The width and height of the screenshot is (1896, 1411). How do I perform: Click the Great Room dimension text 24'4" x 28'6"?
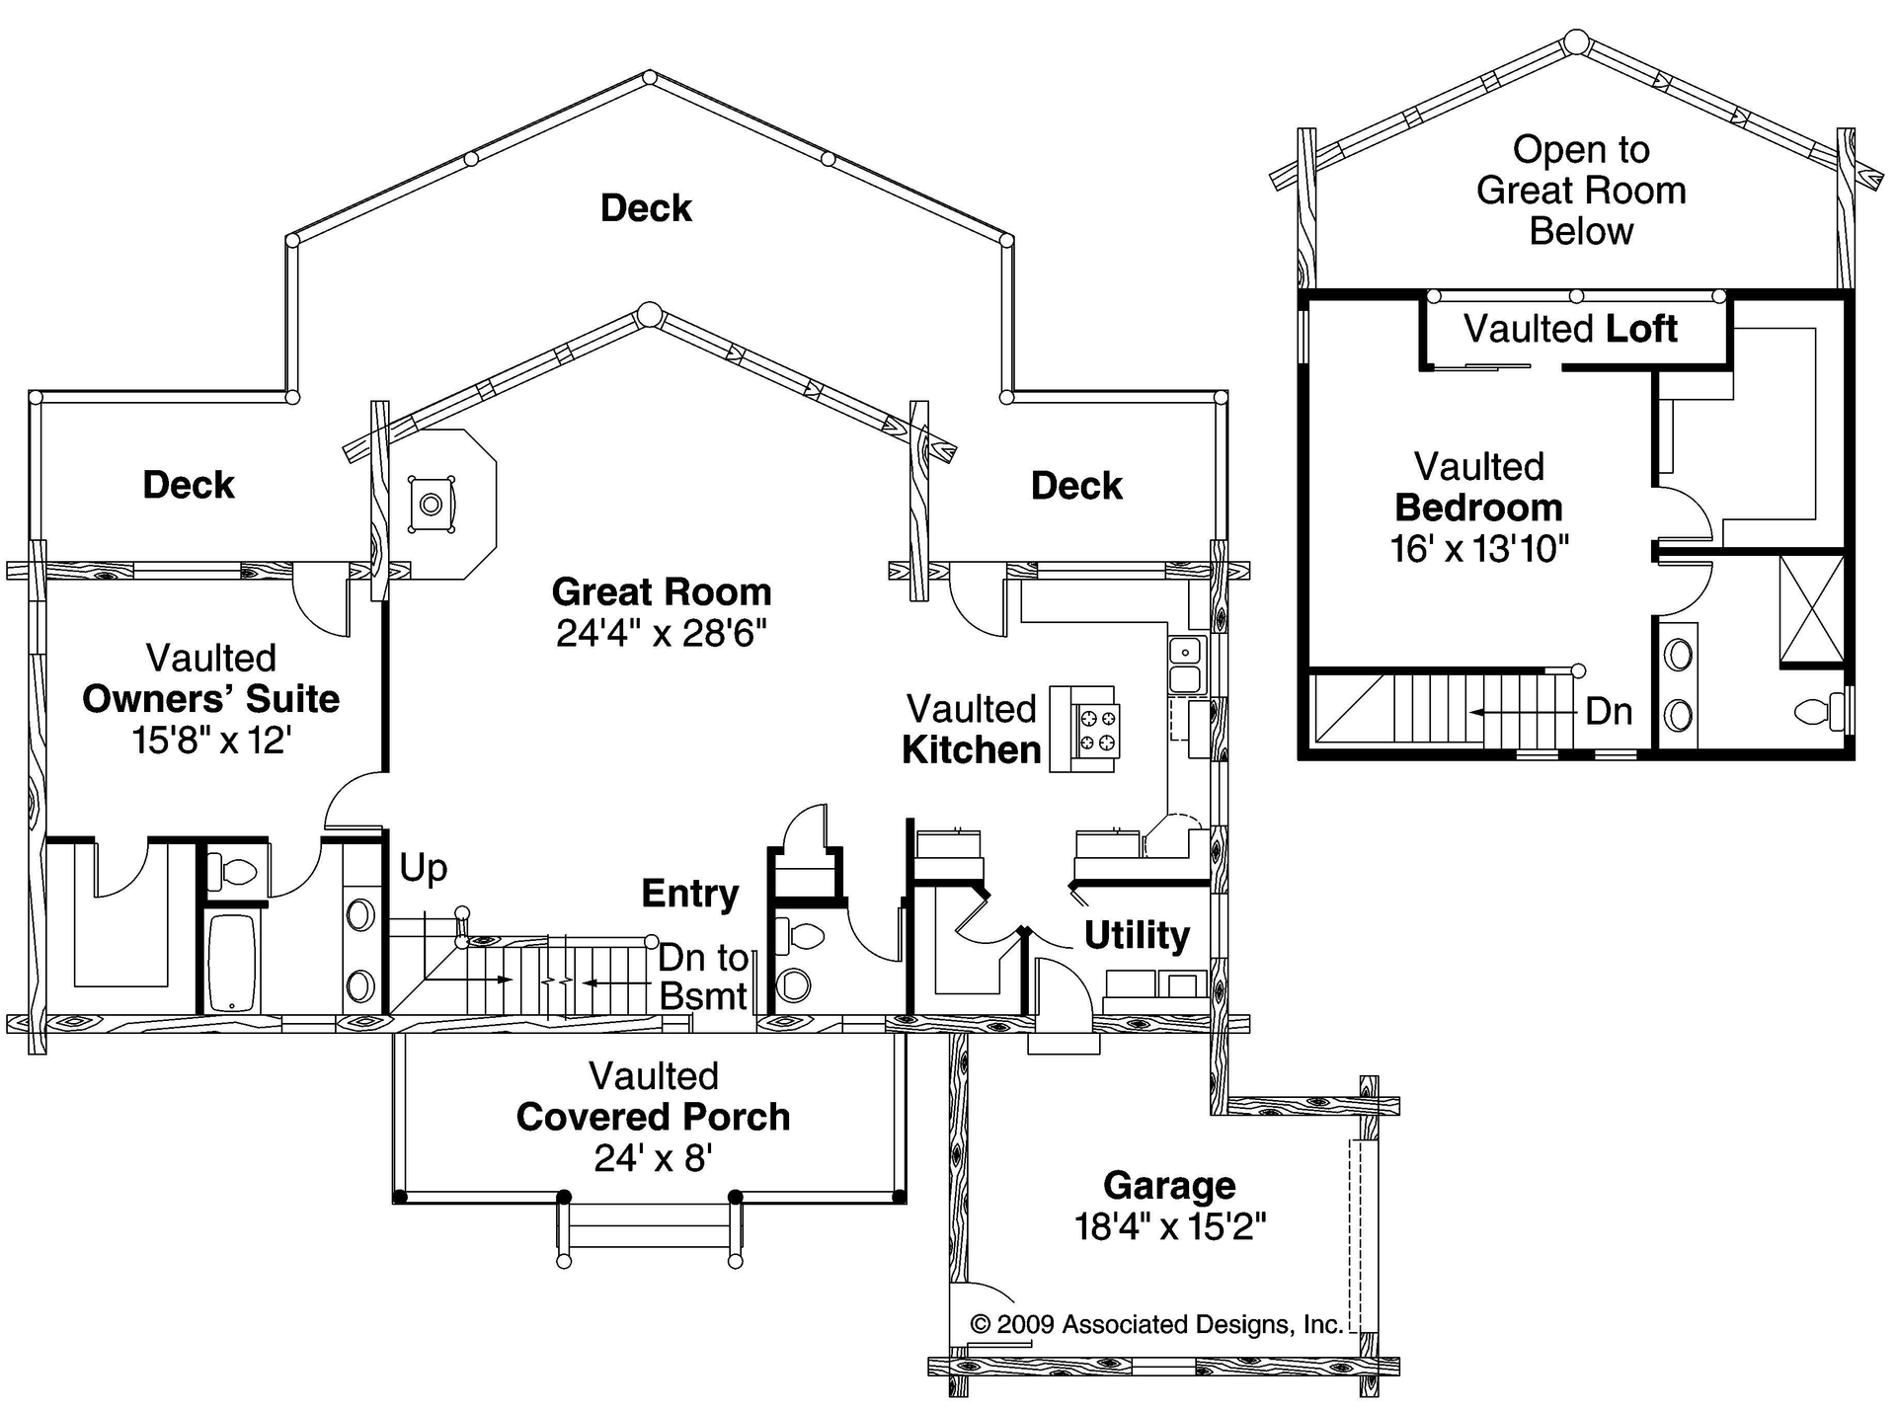661,633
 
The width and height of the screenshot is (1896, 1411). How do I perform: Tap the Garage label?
1169,1185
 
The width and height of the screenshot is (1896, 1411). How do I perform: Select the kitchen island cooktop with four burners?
1098,730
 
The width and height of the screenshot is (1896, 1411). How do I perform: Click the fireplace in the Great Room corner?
432,505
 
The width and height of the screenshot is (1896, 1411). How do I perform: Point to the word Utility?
1137,934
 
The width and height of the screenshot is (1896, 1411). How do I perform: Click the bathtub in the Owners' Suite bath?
233,963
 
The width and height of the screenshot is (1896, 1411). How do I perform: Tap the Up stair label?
423,868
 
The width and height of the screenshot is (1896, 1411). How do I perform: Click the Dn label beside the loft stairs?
1609,711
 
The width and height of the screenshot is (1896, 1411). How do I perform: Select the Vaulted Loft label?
1570,329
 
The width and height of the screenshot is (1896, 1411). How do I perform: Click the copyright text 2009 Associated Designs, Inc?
1156,1324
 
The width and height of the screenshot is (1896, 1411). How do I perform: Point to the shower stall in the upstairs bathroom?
1811,608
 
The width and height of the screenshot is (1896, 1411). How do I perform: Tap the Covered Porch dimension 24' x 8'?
653,1157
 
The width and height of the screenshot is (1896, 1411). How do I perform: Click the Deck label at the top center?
646,208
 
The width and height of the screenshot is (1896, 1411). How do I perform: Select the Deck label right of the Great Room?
1076,486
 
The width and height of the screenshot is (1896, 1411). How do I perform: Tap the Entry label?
689,894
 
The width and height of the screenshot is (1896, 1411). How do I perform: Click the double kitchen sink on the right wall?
1184,665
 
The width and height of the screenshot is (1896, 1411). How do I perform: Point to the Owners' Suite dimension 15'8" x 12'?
210,740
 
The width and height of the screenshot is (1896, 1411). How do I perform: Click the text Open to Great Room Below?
1581,191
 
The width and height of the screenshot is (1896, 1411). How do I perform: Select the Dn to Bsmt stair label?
703,977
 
